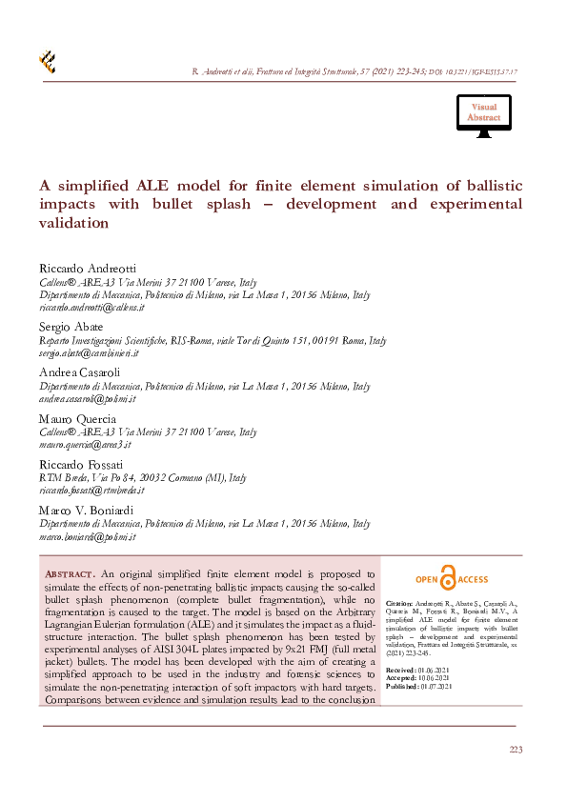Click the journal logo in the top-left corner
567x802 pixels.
point(47,62)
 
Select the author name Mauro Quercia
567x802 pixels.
point(77,418)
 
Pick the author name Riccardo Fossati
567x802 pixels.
point(79,464)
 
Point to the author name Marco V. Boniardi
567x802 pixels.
point(87,511)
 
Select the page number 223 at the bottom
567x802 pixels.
point(516,751)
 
